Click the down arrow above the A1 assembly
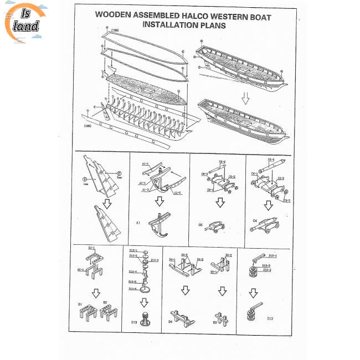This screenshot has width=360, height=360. click(159, 201)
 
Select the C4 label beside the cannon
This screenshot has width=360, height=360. click(255, 221)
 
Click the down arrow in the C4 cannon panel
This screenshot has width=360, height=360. click(269, 205)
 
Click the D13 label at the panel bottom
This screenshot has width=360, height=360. click(135, 321)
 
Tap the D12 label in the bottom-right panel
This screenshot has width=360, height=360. click(270, 318)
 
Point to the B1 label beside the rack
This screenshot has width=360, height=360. click(80, 304)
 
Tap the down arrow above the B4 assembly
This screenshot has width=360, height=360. click(185, 291)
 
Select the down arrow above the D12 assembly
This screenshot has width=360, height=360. click(253, 292)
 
